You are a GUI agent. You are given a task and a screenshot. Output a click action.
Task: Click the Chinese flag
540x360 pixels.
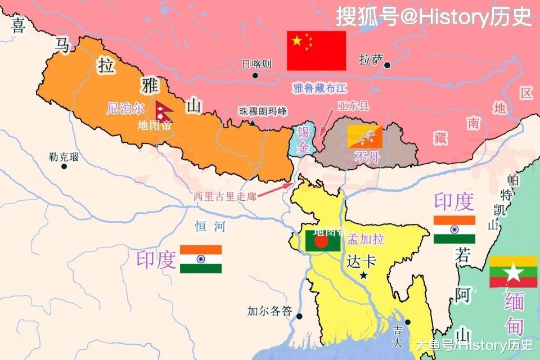click(x=316, y=51)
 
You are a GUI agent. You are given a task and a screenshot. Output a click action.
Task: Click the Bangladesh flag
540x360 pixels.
click(x=323, y=241)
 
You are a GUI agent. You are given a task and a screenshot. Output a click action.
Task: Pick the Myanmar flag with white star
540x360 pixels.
click(x=513, y=272)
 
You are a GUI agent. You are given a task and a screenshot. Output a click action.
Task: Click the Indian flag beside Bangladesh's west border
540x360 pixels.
click(x=201, y=259)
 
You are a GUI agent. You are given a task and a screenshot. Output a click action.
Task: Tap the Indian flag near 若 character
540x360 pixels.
click(x=454, y=229)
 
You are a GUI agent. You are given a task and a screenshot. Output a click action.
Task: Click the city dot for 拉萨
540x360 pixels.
click(x=387, y=65)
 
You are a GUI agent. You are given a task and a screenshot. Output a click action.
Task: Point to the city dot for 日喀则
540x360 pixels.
click(x=255, y=75)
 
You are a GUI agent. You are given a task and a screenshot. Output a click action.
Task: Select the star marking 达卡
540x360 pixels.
click(x=364, y=276)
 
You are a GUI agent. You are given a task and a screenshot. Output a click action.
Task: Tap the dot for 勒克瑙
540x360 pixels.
click(x=64, y=166)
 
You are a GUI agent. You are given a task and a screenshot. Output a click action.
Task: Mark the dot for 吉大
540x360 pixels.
click(x=408, y=322)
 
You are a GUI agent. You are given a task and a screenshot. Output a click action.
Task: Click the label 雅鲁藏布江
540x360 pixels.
click(x=320, y=88)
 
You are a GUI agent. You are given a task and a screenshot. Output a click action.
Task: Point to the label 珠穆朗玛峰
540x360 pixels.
click(x=263, y=111)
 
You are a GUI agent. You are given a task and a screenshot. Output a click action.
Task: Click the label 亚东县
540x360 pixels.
click(x=353, y=105)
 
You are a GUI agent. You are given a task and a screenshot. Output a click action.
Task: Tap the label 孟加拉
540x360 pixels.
click(x=366, y=239)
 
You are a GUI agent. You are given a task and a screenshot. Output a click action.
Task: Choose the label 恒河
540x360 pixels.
click(x=210, y=227)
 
